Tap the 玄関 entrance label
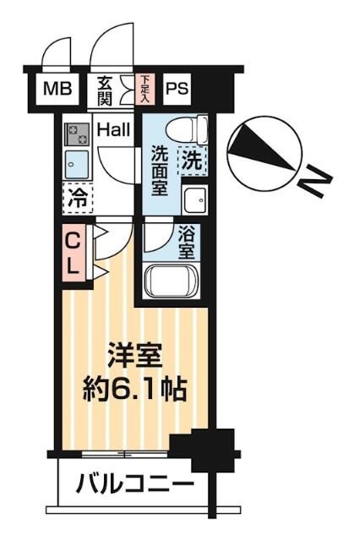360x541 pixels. (105, 88)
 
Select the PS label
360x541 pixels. (176, 88)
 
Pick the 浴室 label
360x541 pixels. (187, 243)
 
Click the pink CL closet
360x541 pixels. (74, 251)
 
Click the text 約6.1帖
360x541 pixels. (135, 390)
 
